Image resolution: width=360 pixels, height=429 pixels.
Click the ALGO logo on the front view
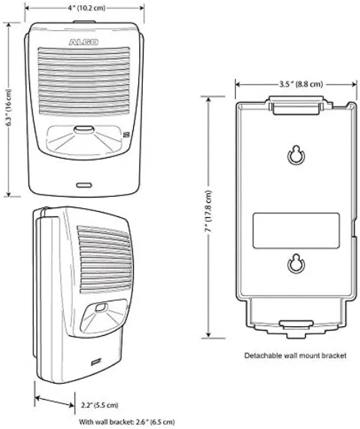(x=83, y=42)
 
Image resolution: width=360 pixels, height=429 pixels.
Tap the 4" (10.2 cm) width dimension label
(x=86, y=8)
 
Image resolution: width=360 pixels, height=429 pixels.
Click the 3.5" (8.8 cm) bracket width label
(x=301, y=84)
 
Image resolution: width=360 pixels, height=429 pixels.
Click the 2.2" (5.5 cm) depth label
(x=100, y=405)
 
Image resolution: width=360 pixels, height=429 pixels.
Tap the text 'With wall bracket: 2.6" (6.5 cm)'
(x=126, y=422)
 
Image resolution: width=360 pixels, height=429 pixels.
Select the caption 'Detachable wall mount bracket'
(x=295, y=355)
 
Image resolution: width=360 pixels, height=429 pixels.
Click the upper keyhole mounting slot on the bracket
(x=295, y=156)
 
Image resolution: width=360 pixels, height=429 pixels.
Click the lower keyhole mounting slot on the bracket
(x=295, y=263)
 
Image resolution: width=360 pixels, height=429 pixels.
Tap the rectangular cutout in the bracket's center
(x=295, y=231)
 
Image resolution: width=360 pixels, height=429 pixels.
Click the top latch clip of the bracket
(x=296, y=105)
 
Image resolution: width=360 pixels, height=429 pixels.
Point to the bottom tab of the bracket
(x=296, y=325)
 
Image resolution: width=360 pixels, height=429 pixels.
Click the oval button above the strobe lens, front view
(x=84, y=130)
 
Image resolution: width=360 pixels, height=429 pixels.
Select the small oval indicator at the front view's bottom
(x=84, y=186)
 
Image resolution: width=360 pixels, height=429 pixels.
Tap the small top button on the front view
(x=84, y=22)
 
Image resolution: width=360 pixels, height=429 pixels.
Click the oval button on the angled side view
(x=101, y=307)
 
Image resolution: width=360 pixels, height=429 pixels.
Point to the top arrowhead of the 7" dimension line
(x=209, y=100)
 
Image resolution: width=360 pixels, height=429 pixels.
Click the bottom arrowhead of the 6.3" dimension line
(x=9, y=193)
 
